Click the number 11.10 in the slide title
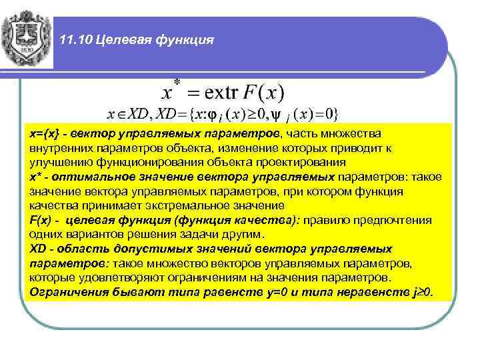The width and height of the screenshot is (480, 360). [x=75, y=41]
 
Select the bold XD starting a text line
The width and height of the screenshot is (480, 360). [x=37, y=249]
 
